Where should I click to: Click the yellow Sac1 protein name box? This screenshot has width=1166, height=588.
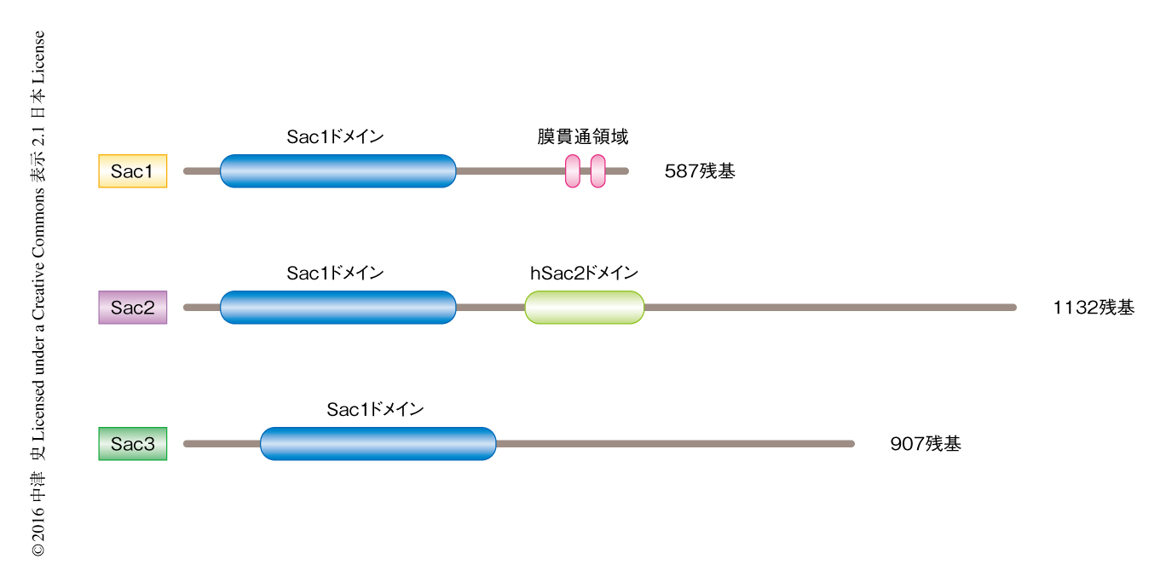(x=132, y=171)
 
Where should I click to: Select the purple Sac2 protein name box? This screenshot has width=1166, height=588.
(x=132, y=308)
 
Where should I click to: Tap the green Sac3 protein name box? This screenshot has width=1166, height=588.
(x=132, y=444)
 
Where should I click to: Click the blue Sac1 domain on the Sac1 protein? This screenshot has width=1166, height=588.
(x=338, y=171)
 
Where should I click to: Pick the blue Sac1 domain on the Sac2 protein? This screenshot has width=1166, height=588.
(x=338, y=308)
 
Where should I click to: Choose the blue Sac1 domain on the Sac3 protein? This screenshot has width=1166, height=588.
(x=378, y=444)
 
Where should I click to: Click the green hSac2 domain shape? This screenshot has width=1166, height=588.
(x=584, y=308)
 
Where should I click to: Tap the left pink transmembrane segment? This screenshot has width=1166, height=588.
(x=573, y=171)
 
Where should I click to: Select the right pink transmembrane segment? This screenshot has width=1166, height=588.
(x=597, y=171)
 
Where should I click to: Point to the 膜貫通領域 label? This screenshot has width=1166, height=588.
(x=583, y=137)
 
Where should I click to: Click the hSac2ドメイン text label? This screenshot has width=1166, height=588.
(x=584, y=274)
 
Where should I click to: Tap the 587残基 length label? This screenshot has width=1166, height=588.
(x=699, y=171)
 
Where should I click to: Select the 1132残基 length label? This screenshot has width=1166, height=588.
(x=1094, y=308)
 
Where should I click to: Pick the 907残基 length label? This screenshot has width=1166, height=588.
(x=925, y=444)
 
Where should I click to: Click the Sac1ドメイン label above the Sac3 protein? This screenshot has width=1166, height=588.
(x=375, y=410)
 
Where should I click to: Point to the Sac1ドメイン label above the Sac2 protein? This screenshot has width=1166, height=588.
(x=335, y=274)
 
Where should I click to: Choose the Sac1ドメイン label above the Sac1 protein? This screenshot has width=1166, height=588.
(x=335, y=137)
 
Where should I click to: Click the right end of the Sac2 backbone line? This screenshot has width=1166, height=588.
(x=1013, y=308)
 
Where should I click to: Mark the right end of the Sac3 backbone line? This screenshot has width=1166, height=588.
(x=851, y=444)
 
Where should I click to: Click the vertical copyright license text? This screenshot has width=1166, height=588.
(x=38, y=294)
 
